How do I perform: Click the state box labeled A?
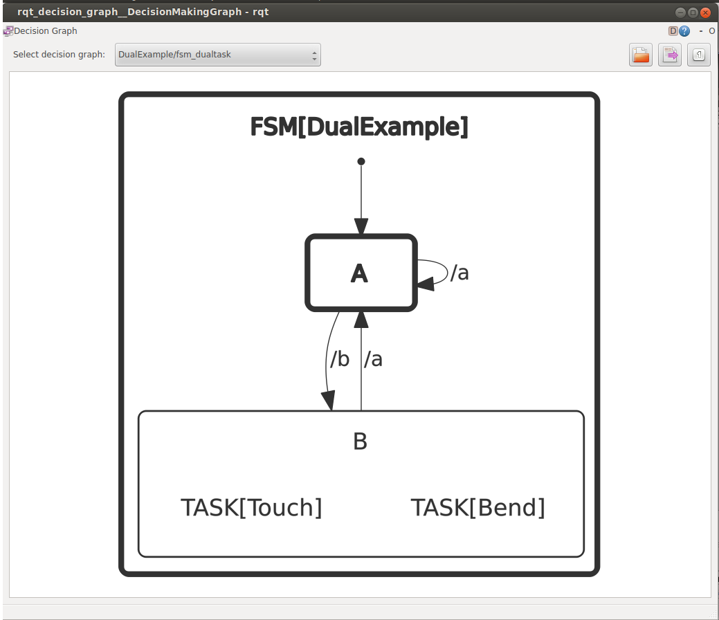361,273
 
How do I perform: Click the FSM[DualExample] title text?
359,127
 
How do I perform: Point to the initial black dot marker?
361,161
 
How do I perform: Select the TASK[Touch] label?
251,508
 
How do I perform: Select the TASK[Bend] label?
478,508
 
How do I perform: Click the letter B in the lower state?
360,441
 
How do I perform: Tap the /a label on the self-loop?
459,273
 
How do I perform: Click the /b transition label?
339,359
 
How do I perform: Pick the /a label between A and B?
374,359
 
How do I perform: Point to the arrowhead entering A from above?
361,226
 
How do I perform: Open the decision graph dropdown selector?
217,55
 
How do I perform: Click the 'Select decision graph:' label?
59,55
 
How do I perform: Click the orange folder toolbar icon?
641,55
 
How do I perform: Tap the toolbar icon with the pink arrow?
670,55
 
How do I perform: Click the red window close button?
705,12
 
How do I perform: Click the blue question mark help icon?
684,31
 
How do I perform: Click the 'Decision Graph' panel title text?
46,31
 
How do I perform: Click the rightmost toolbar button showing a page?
698,55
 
